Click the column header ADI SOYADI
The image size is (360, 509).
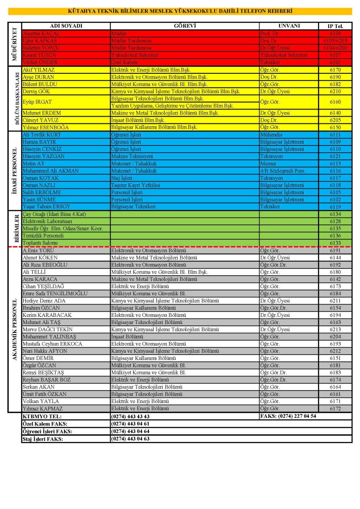[x=66, y=26]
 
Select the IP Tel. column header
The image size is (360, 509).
[x=335, y=26]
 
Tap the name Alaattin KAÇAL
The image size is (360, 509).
[x=42, y=33]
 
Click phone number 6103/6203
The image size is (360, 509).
[x=335, y=41]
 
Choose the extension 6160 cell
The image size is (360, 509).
[x=335, y=102]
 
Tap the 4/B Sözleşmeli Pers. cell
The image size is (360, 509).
[x=283, y=171]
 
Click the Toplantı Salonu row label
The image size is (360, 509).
[x=40, y=243]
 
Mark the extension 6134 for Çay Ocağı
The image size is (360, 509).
[x=335, y=214]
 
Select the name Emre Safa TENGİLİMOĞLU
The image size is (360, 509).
[x=55, y=294]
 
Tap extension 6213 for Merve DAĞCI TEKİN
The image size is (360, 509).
[x=335, y=330]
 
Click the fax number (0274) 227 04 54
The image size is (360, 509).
[x=288, y=416]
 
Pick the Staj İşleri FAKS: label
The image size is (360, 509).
[x=43, y=439]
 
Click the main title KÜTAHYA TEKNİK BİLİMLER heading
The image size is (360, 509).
[x=180, y=11]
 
